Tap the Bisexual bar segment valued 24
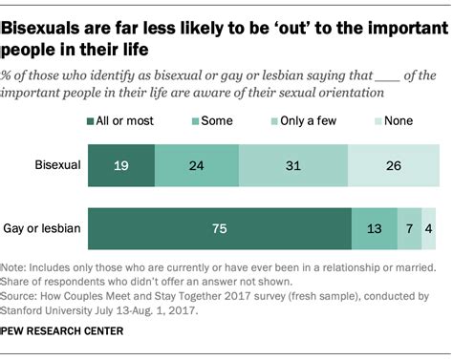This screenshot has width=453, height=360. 197,166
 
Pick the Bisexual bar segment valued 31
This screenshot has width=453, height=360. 293,166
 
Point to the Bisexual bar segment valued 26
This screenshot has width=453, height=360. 394,166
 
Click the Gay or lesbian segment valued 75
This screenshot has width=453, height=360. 220,228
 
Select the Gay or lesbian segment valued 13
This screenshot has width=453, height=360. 374,228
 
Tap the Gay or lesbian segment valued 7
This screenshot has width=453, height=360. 409,228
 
